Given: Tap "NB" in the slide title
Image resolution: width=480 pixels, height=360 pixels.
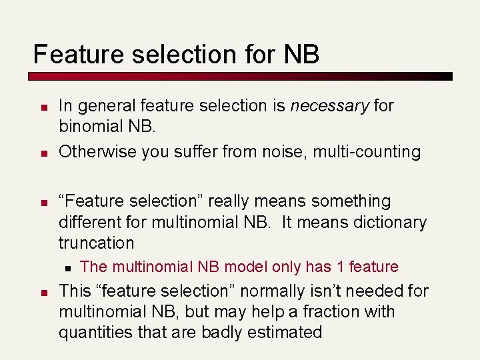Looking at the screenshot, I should (301, 54).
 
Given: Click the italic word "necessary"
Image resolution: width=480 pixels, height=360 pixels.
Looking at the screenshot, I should (329, 105).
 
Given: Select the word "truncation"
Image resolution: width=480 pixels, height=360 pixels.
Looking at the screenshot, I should (96, 243).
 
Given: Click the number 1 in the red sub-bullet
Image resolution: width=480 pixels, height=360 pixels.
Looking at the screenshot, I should (340, 267).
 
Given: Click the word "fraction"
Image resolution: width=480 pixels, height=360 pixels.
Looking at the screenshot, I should (329, 311).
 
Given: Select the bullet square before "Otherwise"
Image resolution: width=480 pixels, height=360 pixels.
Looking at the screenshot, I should (42, 153).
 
